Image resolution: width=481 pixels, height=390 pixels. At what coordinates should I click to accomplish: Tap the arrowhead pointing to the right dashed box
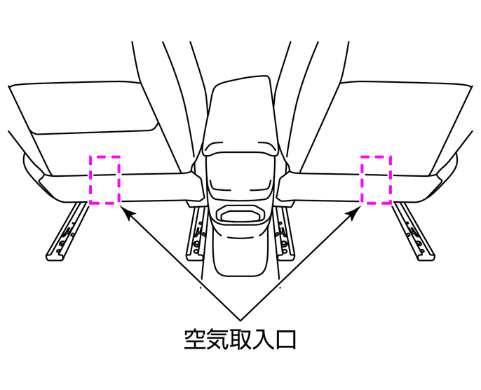[353, 213]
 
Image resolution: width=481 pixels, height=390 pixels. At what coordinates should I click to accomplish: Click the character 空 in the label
[195, 339]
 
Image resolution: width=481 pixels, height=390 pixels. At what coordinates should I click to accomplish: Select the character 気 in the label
[217, 339]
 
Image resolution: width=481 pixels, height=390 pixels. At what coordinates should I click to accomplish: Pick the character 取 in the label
[240, 339]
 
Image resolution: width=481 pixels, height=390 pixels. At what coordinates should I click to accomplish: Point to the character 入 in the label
[262, 339]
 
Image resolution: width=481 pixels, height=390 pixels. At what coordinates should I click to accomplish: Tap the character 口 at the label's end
[285, 340]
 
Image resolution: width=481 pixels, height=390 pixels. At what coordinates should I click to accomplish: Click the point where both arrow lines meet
[240, 321]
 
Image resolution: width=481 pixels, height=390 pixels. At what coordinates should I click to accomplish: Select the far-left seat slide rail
[66, 231]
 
